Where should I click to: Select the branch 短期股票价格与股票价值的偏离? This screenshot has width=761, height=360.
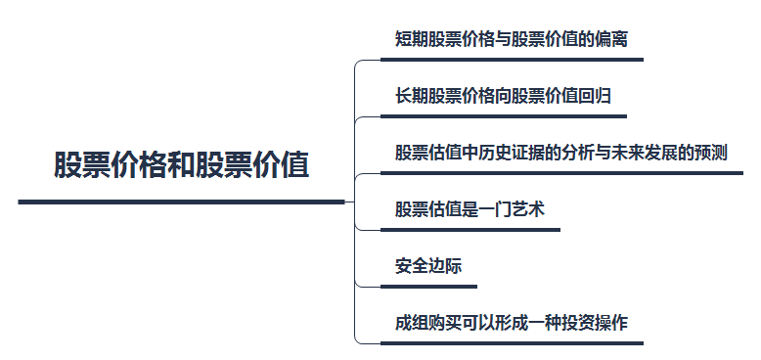tap(511, 40)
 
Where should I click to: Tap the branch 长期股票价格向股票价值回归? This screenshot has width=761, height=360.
tap(503, 97)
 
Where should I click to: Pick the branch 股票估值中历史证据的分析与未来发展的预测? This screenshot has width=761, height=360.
tap(560, 154)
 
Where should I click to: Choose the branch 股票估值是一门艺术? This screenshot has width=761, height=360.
tap(469, 210)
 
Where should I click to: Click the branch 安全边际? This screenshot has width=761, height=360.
tap(428, 266)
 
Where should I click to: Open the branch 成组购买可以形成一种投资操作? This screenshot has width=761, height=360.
tap(511, 323)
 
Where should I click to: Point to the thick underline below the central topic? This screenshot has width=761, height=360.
tap(181, 202)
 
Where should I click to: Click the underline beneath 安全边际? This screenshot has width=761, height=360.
tap(428, 287)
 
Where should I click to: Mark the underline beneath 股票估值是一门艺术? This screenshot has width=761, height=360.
tap(470, 230)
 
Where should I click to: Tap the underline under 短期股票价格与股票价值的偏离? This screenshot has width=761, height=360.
tap(512, 60)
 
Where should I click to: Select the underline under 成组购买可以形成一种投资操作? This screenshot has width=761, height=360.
tap(512, 343)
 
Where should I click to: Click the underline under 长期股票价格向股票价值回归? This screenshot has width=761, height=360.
tap(504, 116)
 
